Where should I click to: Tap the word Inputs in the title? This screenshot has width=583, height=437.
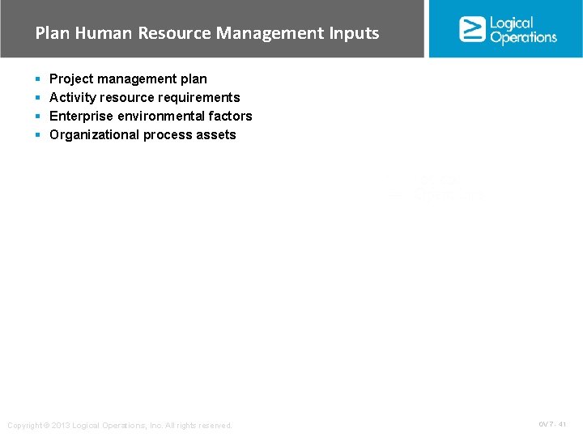tap(354, 33)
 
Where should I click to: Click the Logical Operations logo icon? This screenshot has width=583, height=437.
tap(472, 29)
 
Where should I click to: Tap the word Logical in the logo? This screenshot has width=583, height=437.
tap(513, 23)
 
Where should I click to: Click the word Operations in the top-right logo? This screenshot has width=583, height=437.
tap(523, 37)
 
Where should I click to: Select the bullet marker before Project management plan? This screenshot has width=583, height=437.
tap(38, 79)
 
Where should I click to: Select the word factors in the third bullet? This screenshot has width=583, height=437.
tap(230, 116)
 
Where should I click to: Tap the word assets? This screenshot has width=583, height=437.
tap(215, 134)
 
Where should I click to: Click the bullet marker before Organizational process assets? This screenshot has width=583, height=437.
tap(38, 135)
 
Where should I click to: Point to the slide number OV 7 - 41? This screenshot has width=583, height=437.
tap(552, 424)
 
